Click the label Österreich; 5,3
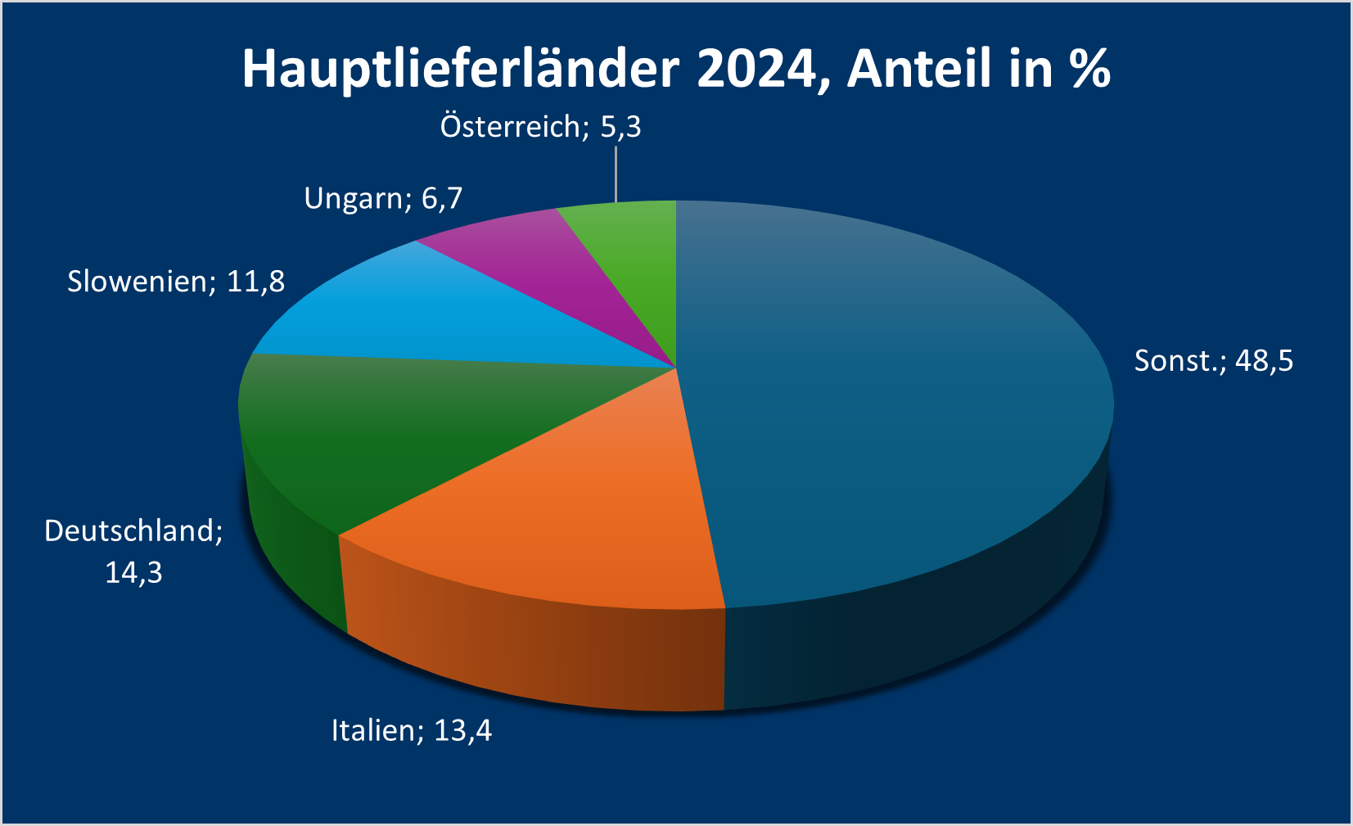pos(540,127)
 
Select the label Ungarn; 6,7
pos(383,199)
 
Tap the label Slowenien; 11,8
pos(176,282)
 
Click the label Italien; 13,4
pos(412,730)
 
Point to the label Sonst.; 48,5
pos(1213,361)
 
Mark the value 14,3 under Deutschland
pos(133,573)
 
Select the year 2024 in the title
pos(757,70)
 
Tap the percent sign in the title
pos(1089,70)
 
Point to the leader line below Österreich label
pos(616,174)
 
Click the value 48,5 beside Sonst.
pos(1264,361)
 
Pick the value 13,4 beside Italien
pos(462,730)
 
